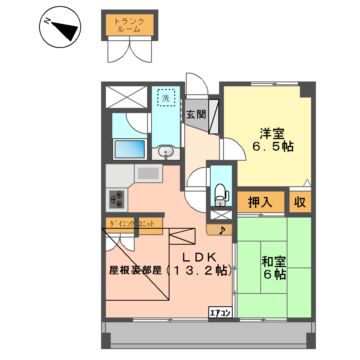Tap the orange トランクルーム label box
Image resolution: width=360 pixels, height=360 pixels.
pos(125,23)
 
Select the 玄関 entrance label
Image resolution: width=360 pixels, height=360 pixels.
pos(194,113)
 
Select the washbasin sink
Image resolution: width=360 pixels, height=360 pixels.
pos(167,151)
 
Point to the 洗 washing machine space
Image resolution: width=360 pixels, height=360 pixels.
pos(166,98)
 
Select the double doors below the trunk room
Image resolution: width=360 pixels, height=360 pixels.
pos(126,51)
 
